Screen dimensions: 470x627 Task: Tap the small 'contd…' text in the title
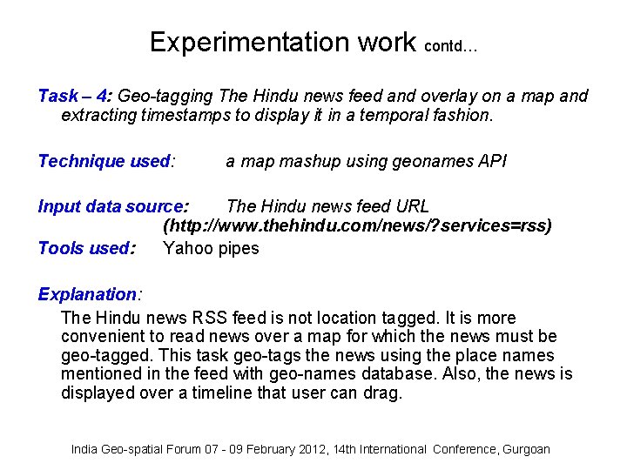click(x=450, y=47)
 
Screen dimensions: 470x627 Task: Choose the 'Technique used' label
click(x=104, y=161)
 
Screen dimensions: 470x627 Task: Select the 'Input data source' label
click(x=111, y=206)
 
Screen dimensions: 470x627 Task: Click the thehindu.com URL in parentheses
click(x=358, y=226)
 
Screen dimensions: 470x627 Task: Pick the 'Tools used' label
click(x=85, y=248)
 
